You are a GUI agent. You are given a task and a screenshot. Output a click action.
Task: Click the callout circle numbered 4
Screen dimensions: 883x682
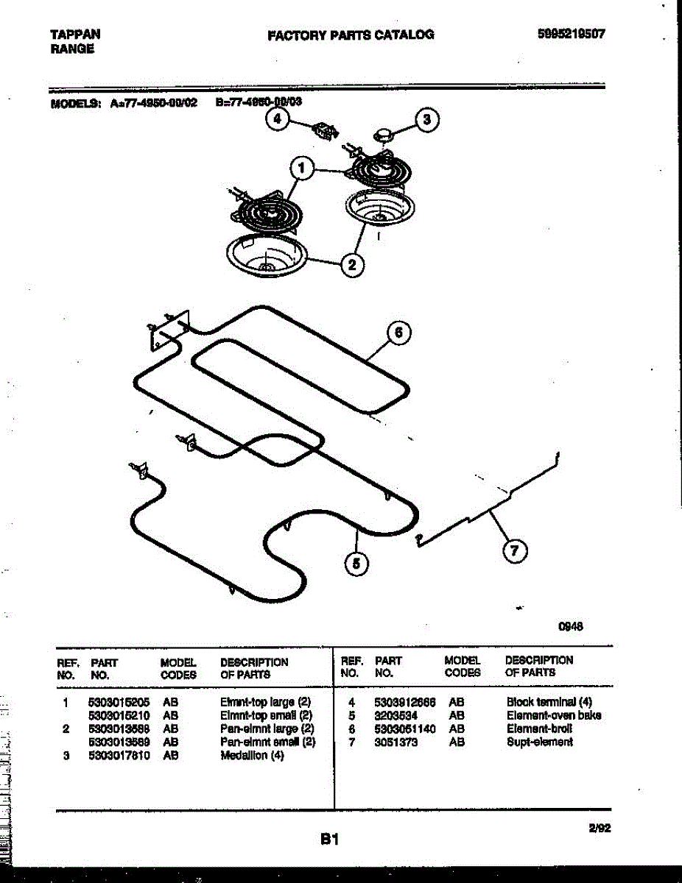coord(278,120)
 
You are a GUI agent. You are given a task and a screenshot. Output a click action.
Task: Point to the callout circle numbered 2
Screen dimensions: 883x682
coord(352,265)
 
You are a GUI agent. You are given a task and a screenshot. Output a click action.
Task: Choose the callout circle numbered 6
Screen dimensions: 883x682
coord(398,334)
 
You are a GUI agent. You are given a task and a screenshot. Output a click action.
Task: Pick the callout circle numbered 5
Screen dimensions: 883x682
coord(356,564)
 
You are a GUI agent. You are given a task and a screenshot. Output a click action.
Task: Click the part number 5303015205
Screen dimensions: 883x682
coord(119,703)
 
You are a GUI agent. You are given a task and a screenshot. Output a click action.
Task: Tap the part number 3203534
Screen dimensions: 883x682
coord(396,716)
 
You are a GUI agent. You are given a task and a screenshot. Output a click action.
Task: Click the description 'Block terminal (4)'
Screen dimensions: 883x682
coord(549,703)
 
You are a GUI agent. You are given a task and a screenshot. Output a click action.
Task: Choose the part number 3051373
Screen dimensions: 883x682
coord(396,742)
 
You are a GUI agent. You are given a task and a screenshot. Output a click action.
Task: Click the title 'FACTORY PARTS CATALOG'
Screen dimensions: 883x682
coord(351,35)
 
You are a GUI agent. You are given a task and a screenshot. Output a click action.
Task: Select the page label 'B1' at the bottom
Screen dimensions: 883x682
coord(328,838)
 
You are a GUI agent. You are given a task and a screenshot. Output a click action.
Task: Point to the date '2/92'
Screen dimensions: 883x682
coord(600,828)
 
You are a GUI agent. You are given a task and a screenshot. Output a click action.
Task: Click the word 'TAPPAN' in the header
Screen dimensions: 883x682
coord(76,34)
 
